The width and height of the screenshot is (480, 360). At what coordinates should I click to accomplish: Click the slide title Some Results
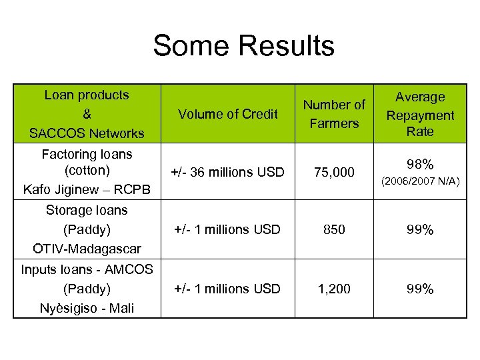click(x=243, y=46)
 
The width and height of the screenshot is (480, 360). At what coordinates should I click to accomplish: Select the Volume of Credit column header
click(x=227, y=114)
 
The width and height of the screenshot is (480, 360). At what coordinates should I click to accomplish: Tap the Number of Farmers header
click(x=334, y=114)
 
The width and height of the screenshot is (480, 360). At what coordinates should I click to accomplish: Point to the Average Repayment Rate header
click(x=420, y=114)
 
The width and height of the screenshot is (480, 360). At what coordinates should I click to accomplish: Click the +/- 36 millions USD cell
click(x=227, y=172)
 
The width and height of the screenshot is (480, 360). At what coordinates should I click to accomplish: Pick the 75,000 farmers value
click(x=334, y=172)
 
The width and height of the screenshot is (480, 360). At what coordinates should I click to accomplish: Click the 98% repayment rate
click(x=420, y=164)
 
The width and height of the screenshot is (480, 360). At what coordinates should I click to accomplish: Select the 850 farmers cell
click(x=334, y=229)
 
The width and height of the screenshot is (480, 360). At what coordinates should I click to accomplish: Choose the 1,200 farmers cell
click(x=334, y=289)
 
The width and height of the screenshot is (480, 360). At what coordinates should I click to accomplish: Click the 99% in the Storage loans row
click(x=420, y=229)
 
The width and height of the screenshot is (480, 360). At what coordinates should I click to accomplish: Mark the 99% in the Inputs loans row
click(x=420, y=289)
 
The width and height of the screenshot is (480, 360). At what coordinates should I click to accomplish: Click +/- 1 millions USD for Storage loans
click(x=227, y=229)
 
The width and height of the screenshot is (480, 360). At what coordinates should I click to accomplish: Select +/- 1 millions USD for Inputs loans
click(x=227, y=289)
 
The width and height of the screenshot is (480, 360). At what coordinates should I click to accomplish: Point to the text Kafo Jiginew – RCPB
click(x=87, y=190)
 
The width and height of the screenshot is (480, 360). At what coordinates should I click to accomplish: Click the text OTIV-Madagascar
click(x=87, y=249)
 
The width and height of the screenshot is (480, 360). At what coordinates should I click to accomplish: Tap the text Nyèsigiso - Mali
click(x=87, y=308)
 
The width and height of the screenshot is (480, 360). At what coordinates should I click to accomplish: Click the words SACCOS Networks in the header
click(x=87, y=133)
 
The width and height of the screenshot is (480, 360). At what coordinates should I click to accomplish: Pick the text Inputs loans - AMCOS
click(x=87, y=269)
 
